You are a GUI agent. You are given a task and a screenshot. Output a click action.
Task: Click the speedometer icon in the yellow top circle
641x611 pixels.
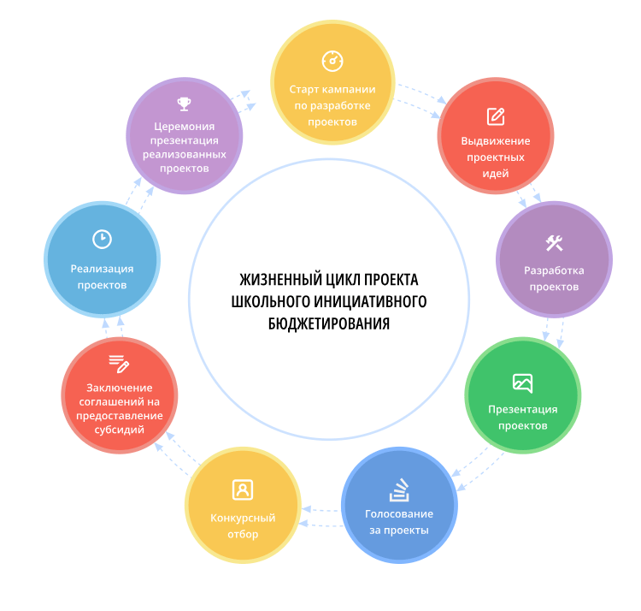[x=332, y=61]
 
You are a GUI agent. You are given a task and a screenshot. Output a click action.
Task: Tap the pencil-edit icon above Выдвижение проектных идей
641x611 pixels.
[x=496, y=117]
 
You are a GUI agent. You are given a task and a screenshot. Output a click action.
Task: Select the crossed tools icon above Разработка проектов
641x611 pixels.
[x=554, y=243]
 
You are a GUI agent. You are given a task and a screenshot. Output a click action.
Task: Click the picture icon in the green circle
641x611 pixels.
[x=522, y=383]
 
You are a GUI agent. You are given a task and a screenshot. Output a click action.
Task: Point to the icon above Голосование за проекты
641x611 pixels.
[x=398, y=489]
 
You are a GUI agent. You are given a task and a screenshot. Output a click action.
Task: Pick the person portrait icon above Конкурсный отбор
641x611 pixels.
[x=243, y=489]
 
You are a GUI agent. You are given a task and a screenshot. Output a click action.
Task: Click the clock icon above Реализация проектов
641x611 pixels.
[x=102, y=240]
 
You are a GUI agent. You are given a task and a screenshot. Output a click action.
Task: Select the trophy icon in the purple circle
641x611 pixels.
[x=184, y=104]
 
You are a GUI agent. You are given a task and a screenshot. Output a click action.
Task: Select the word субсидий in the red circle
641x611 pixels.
[x=120, y=430]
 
